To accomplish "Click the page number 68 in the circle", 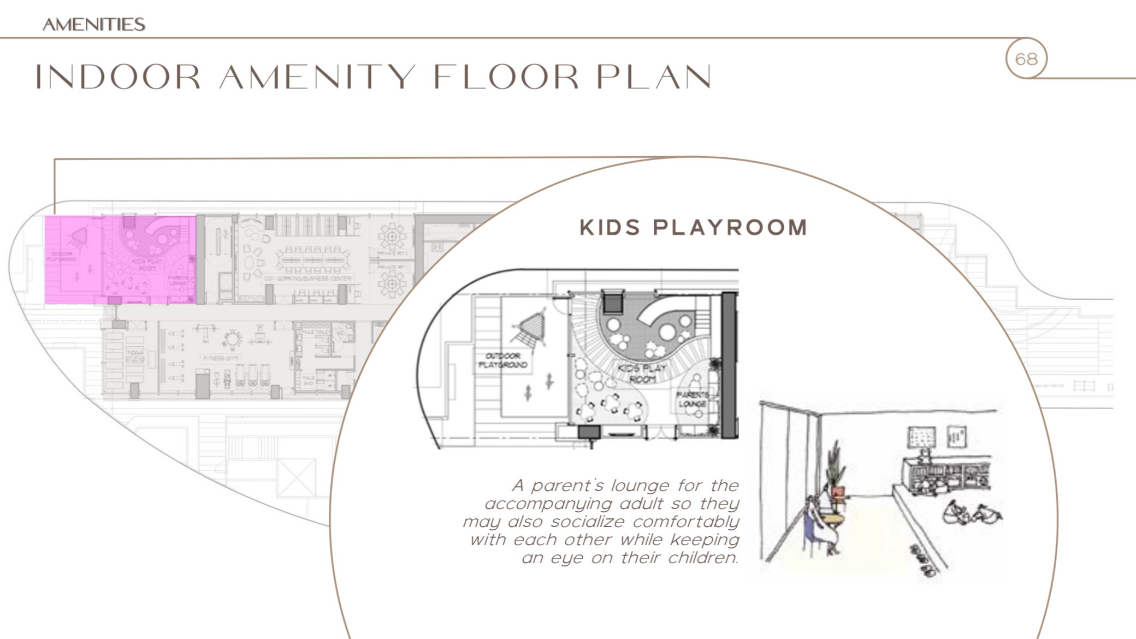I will click(1026, 58).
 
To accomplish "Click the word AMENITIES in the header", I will click(94, 25).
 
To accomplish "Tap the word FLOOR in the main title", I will click(506, 77).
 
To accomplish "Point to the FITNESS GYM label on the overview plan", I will click(221, 358).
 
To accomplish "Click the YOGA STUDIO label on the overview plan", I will click(135, 356).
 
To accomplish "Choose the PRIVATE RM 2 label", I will click(393, 253).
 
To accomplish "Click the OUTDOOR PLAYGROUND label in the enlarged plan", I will click(503, 360).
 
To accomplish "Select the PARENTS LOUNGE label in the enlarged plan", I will click(693, 399).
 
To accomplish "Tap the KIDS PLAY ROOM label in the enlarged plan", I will click(642, 373).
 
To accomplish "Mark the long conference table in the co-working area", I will click(312, 259).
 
